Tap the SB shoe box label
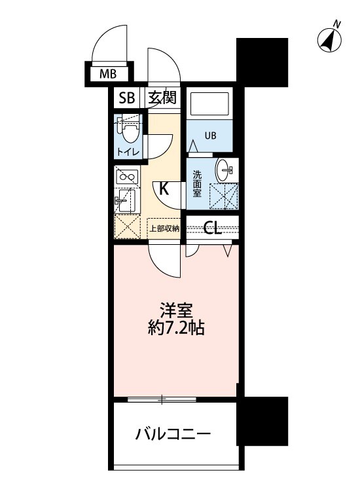(126, 98)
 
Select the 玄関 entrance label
(161, 98)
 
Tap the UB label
(209, 136)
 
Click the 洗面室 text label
(196, 185)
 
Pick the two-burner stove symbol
(126, 175)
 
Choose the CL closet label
(212, 228)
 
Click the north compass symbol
(329, 39)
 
